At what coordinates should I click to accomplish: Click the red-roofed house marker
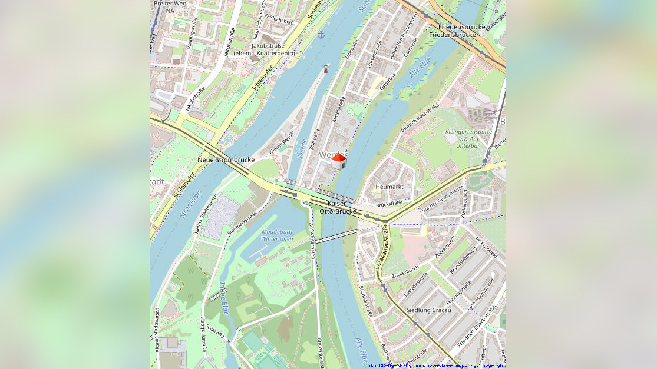click(338, 161)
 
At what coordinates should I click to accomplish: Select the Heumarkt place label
click(389, 187)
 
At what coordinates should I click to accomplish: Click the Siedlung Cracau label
click(429, 310)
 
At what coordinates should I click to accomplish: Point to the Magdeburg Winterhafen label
click(276, 235)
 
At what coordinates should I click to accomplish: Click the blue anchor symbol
click(321, 35)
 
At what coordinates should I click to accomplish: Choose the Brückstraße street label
click(389, 204)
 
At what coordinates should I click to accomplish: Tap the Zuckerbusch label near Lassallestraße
click(405, 272)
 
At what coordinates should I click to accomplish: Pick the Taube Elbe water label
click(223, 298)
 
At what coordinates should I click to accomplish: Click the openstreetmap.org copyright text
click(434, 365)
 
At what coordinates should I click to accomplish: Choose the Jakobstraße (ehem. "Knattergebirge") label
click(268, 49)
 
